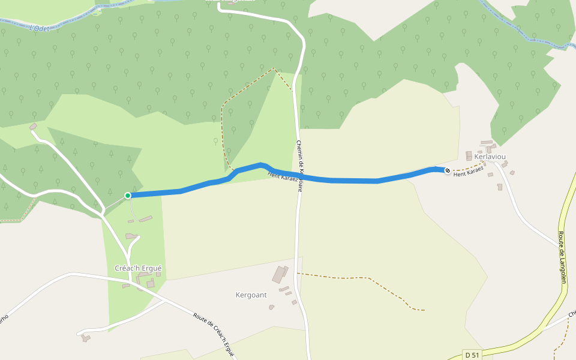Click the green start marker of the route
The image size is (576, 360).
click(128, 196)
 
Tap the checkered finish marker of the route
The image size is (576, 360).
click(447, 171)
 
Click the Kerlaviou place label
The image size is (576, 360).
click(490, 157)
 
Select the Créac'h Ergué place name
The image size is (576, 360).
click(138, 268)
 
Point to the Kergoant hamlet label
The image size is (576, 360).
click(251, 295)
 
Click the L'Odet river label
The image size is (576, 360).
click(38, 27)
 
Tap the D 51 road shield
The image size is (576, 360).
click(473, 355)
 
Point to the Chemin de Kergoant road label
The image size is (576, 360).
click(300, 165)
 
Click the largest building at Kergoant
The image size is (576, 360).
click(280, 274)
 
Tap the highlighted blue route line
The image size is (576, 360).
click(348, 181)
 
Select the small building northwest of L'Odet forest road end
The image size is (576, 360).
click(33, 127)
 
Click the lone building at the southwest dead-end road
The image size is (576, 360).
click(86, 338)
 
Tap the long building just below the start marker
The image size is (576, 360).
click(146, 220)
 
